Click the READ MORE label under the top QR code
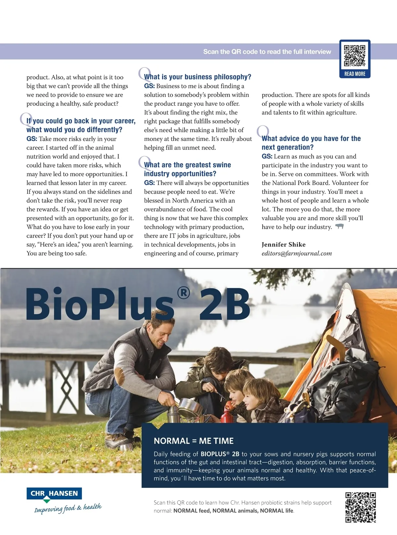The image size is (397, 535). click(355, 74)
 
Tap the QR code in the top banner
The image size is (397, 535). click(355, 56)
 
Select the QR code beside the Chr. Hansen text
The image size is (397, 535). click(360, 507)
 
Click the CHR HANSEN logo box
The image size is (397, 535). click(54, 494)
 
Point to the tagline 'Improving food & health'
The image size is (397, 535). click(68, 508)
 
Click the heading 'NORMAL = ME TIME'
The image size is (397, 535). click(194, 441)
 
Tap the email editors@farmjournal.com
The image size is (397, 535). click(296, 253)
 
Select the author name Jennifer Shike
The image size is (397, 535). click(284, 244)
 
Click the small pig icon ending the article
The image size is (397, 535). click(339, 226)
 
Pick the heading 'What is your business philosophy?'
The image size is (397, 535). click(198, 77)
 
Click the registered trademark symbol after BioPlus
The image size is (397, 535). click(184, 293)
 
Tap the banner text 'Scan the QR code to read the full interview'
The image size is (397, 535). click(267, 52)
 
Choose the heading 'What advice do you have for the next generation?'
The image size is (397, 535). click(311, 143)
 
